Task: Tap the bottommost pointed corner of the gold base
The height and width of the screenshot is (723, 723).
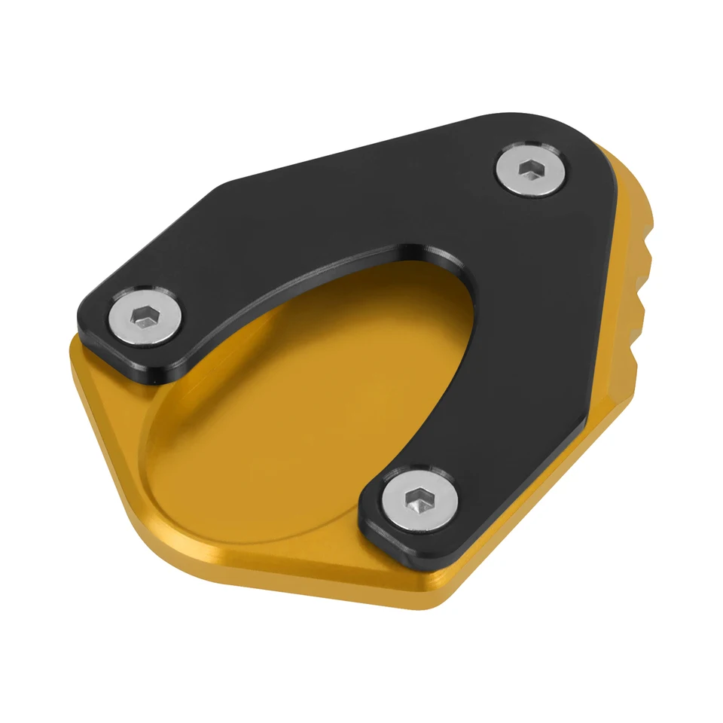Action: coord(433,602)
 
